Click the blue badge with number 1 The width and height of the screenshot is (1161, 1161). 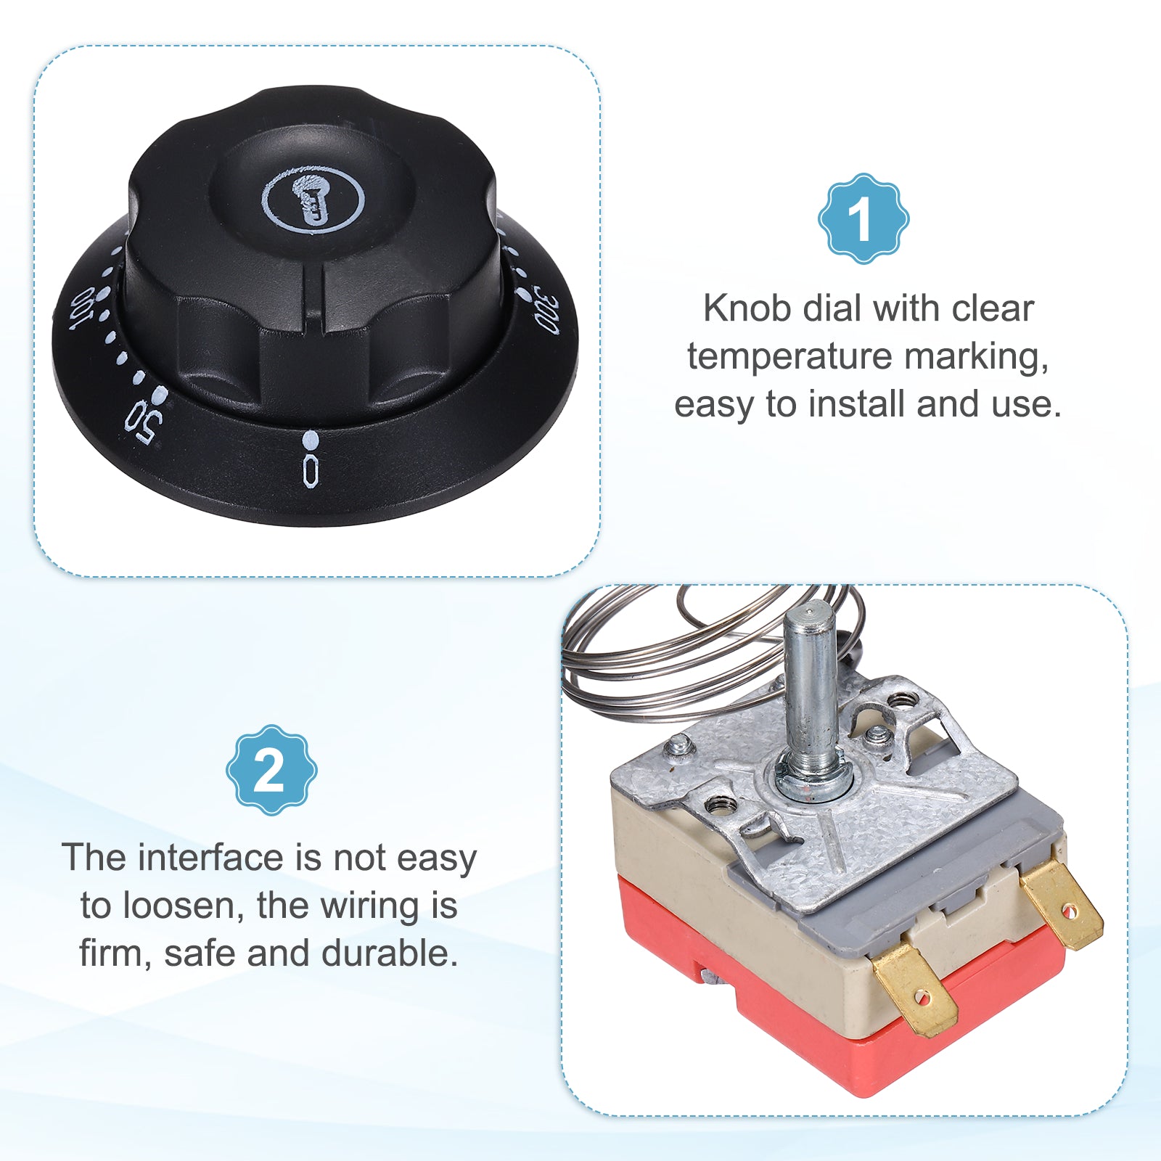pos(863,218)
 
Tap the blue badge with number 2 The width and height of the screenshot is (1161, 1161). pos(271,770)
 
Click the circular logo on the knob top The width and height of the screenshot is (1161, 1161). pos(313,199)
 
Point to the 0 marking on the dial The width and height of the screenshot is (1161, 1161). pos(311,470)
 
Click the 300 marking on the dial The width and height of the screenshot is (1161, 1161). pos(546,310)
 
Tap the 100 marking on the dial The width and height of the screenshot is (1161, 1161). pos(83,308)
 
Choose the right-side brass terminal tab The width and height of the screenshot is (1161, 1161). pos(1062,904)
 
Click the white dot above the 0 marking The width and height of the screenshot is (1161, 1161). pos(311,440)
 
